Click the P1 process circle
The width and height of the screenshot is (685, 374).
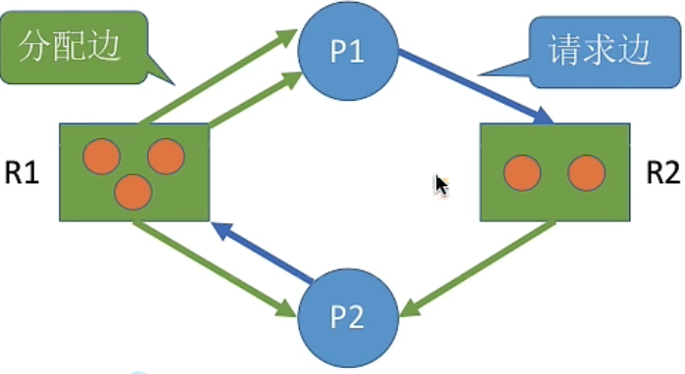(x=348, y=50)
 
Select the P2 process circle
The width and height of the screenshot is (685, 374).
(x=348, y=315)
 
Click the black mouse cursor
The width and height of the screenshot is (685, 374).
(x=442, y=185)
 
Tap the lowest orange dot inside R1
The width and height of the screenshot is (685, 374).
(x=132, y=192)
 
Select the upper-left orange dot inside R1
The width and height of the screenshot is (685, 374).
(x=101, y=157)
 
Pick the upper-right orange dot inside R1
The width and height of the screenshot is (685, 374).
(x=166, y=157)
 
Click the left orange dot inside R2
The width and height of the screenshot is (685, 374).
(x=522, y=173)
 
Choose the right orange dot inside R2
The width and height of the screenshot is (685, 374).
(x=585, y=173)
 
